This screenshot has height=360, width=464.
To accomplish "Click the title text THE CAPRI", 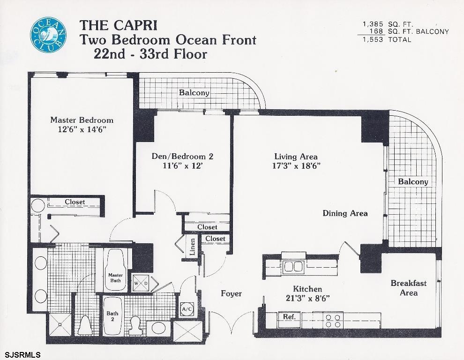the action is coord(119,25).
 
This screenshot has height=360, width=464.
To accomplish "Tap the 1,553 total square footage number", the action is coord(373,40).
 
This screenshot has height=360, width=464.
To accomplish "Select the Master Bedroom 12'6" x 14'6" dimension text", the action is coord(82,130).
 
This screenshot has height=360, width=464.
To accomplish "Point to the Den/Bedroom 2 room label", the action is coord(182,156).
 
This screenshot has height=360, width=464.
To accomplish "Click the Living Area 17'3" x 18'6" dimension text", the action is coord(297,165).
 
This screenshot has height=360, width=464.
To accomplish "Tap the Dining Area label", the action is coord(345,213).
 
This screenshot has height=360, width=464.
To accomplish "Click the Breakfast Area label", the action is coord(409,288).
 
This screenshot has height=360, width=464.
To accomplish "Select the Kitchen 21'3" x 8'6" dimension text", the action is coord(308,298).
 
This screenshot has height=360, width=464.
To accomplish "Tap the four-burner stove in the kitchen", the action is coord(333,321).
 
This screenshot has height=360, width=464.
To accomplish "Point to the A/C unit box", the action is coord(187,309).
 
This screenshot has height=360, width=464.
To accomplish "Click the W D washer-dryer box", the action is coord(141,283).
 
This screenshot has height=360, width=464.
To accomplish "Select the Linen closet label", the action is coord(192,247).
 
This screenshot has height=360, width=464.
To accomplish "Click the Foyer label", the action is coord(232,294).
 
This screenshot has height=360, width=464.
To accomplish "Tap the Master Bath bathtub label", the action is coord(115,277).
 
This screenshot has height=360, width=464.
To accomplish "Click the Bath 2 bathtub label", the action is coord(112,316).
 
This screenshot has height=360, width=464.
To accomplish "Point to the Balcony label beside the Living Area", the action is coord(413,182).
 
